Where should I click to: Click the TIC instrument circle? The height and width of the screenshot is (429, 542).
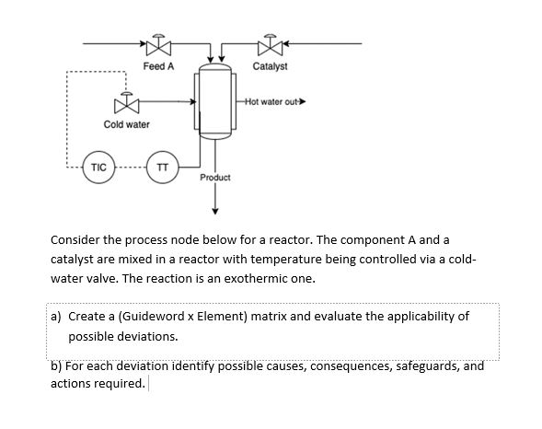tap(98, 168)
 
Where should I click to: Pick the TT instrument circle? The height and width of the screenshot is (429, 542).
tap(162, 168)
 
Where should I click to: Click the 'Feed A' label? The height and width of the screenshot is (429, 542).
tap(158, 66)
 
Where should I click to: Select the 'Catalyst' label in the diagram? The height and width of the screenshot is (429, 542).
tap(270, 66)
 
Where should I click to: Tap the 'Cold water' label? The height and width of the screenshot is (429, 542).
tap(126, 124)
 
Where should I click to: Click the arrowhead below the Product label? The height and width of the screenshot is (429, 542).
tap(215, 206)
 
